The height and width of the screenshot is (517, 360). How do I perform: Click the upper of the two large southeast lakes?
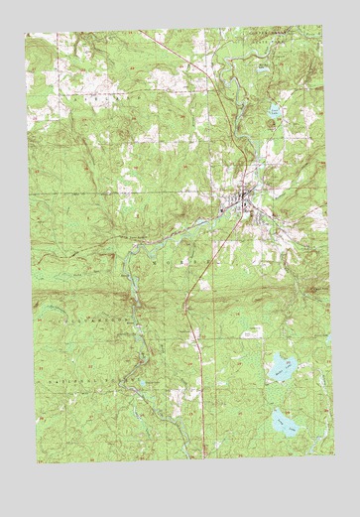coord(281,368)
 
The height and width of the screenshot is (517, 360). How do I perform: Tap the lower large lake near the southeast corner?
coord(287,425)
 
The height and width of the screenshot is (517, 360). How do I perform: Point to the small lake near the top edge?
coord(262,65)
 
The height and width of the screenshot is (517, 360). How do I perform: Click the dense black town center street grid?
coord(241,203)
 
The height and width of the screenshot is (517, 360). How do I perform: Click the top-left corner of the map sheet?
coord(27,32)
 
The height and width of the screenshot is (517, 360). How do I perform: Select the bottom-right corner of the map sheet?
coord(334,452)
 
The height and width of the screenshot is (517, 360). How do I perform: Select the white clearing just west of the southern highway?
coord(179,397)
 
